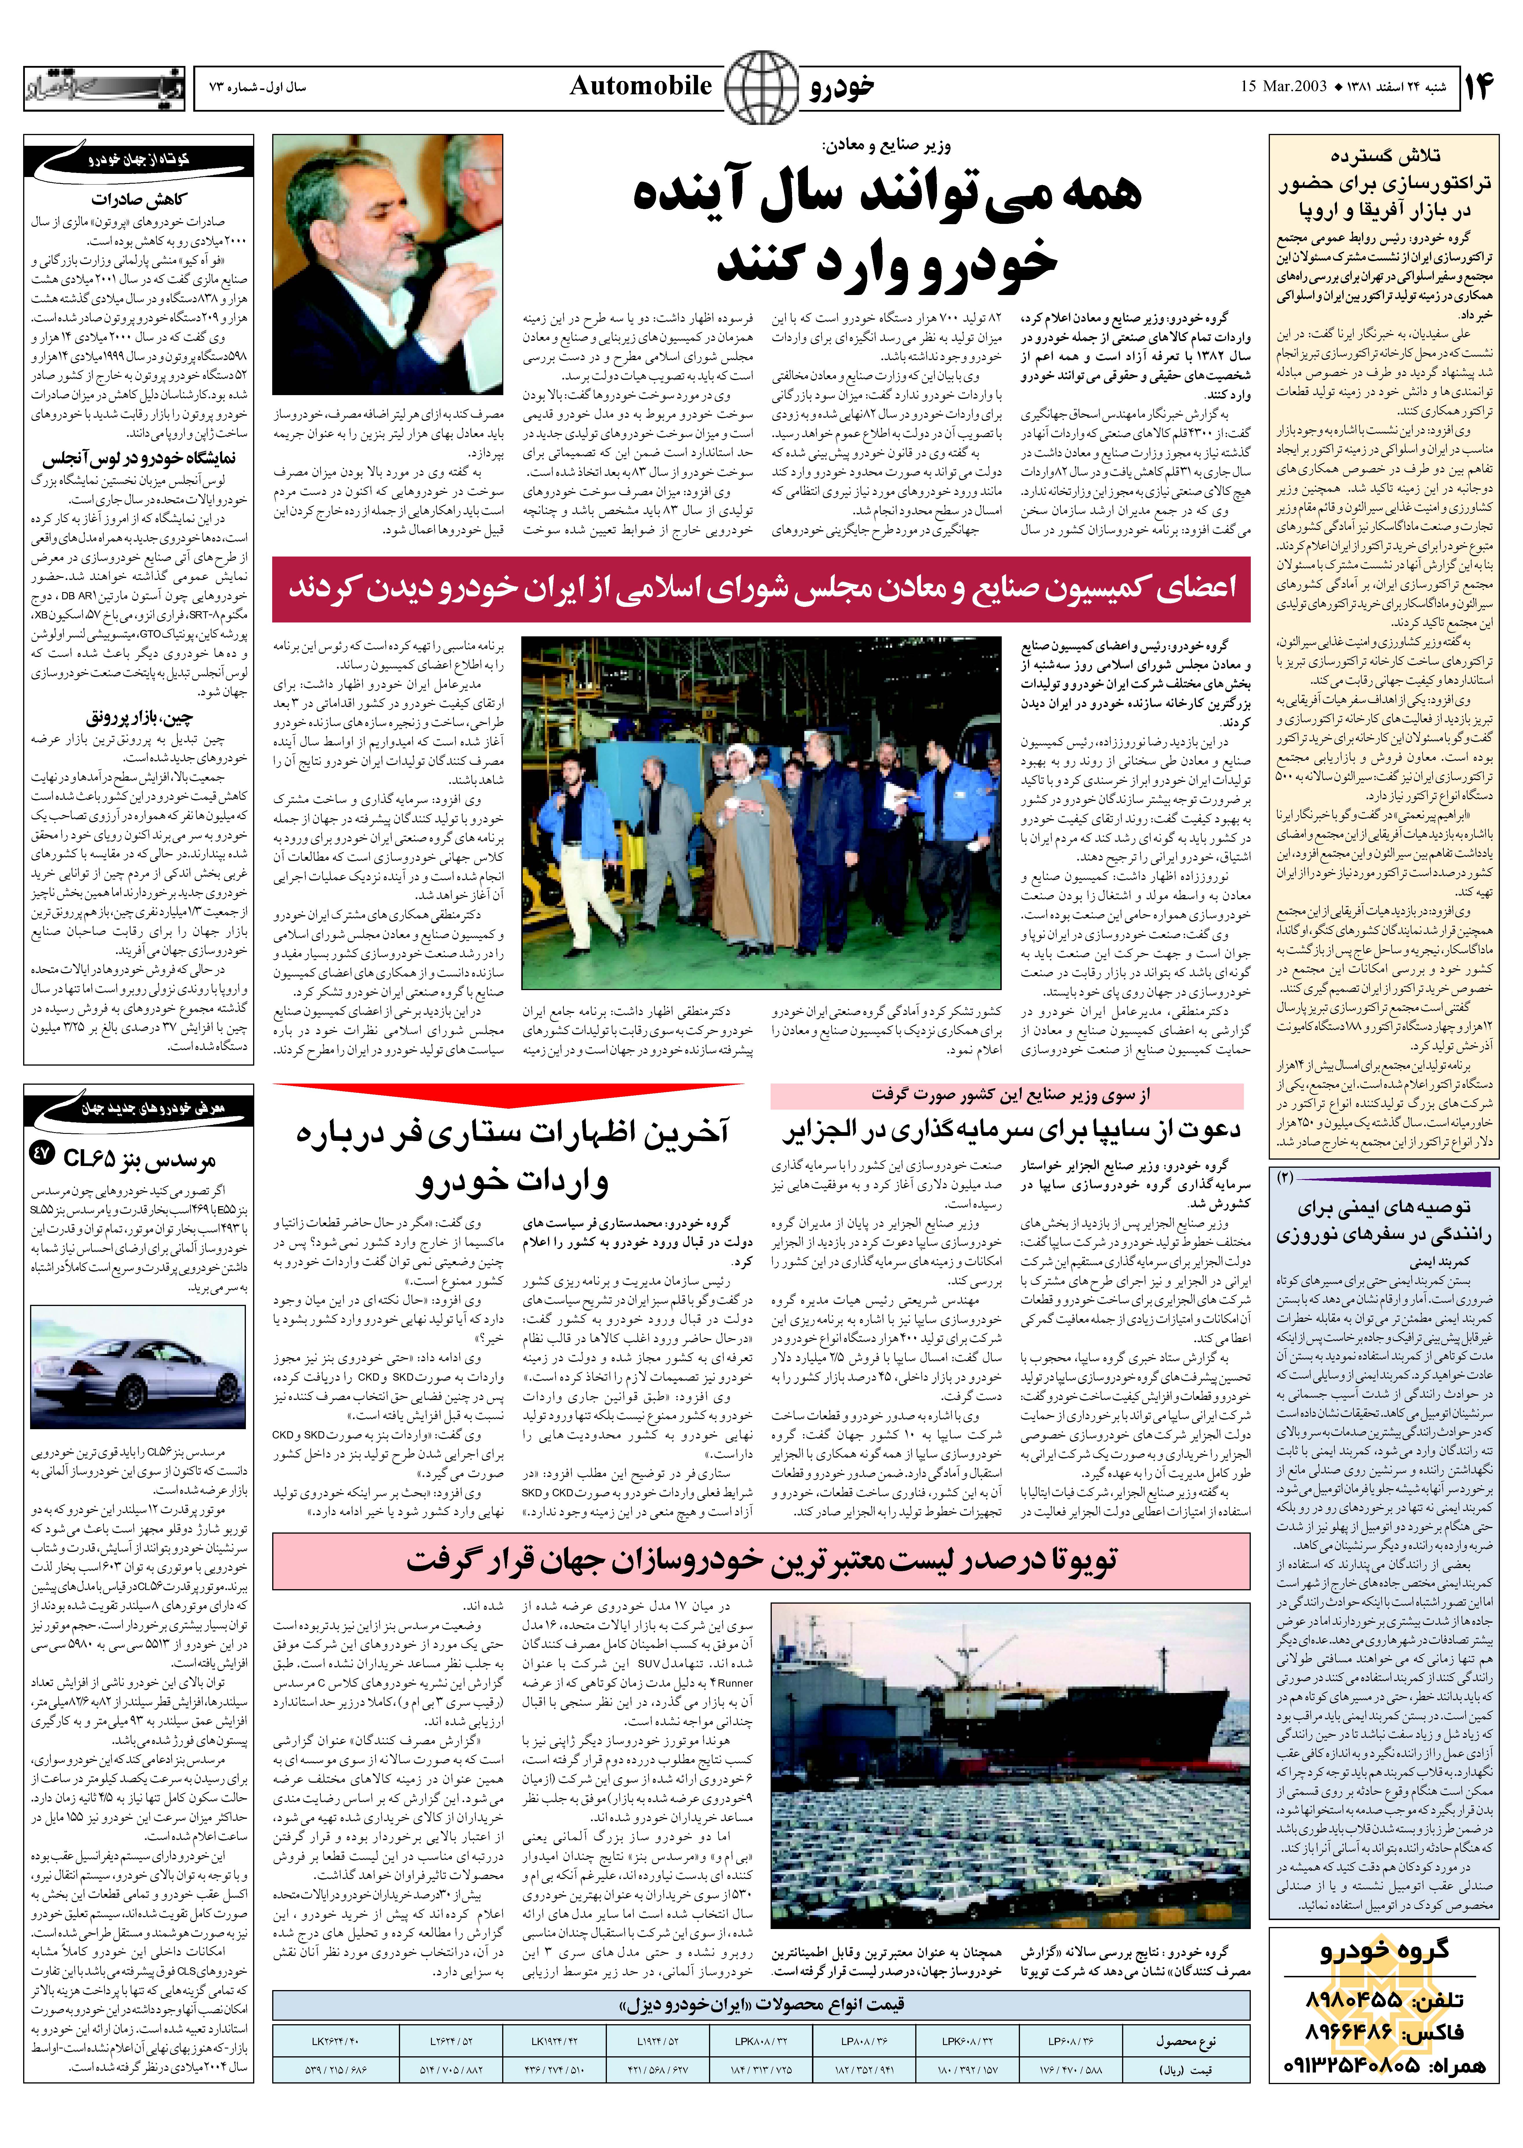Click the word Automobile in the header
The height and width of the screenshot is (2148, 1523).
click(640, 86)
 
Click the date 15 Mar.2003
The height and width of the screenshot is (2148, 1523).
click(1283, 86)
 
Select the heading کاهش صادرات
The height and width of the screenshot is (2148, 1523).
click(139, 199)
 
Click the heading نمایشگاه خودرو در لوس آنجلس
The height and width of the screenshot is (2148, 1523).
click(139, 458)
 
